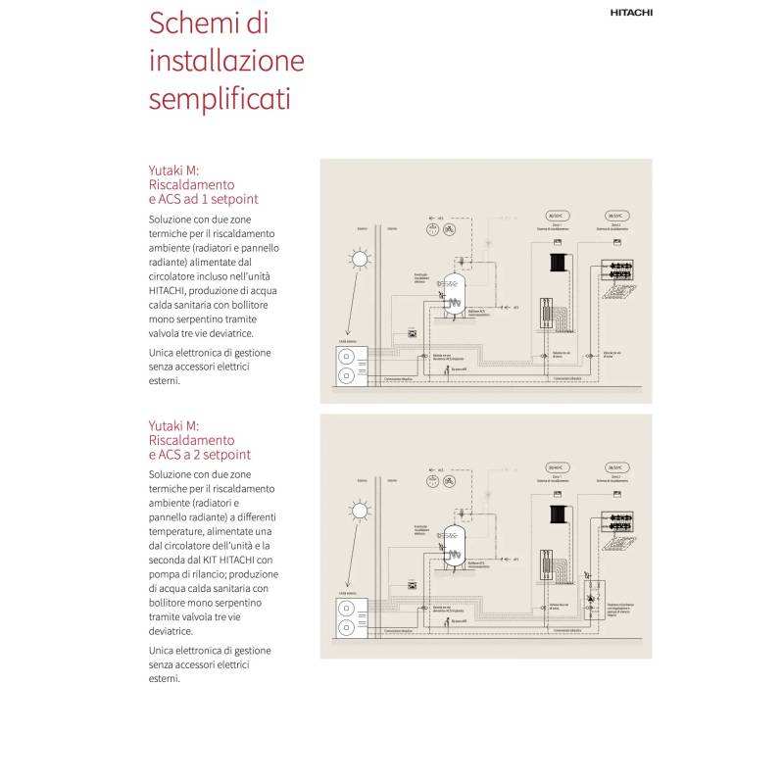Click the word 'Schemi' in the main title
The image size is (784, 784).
195,23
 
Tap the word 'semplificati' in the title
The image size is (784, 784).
220,99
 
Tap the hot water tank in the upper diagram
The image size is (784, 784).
454,293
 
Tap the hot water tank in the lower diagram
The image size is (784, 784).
454,545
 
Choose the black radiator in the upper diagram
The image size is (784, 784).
561,263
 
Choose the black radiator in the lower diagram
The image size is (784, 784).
561,514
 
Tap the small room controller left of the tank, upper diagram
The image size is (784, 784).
412,333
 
